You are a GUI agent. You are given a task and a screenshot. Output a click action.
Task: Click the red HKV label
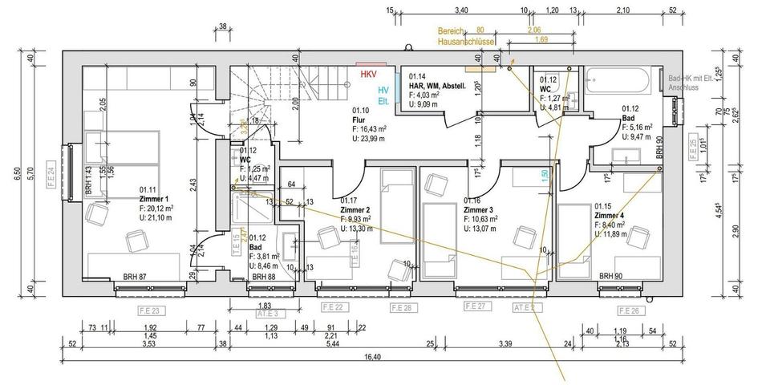368,74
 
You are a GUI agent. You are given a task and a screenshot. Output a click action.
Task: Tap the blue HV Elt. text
384,96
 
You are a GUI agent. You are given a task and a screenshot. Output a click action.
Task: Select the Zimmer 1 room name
153,198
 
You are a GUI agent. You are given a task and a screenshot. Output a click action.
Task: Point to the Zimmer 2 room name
355,210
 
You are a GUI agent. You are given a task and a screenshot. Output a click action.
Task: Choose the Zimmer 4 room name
610,216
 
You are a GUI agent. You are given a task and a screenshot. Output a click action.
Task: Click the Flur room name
359,120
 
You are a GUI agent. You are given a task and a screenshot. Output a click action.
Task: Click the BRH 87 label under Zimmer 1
135,277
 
